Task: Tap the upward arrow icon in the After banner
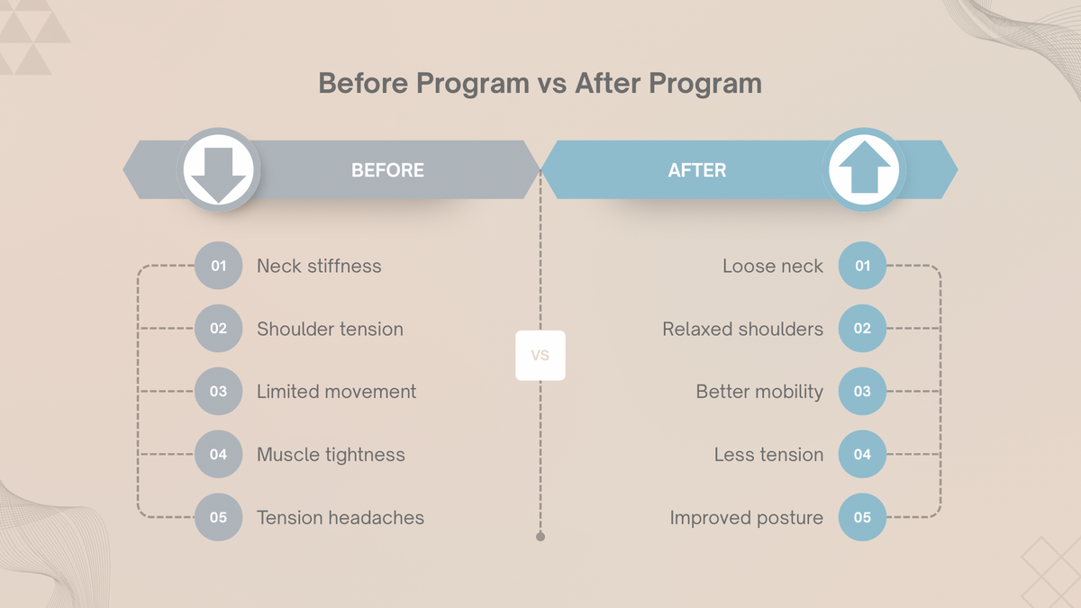[x=864, y=169]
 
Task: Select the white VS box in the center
[x=540, y=355]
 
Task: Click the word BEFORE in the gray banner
[x=387, y=170]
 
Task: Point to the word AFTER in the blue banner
[x=696, y=170]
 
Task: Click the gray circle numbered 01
[x=219, y=266]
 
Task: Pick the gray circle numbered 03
[x=219, y=392]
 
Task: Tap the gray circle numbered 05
[x=219, y=518]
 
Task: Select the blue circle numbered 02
[x=862, y=329]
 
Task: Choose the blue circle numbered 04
[x=862, y=455]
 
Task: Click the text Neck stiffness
[x=319, y=266]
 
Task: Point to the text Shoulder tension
[x=330, y=329]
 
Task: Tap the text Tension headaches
[x=340, y=518]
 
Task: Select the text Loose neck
[x=772, y=266]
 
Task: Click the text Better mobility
[x=759, y=392]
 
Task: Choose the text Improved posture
[x=746, y=518]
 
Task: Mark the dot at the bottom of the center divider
[x=540, y=537]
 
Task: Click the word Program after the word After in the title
[x=705, y=84]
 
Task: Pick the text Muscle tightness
[x=331, y=455]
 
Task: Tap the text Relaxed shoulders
[x=742, y=329]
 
